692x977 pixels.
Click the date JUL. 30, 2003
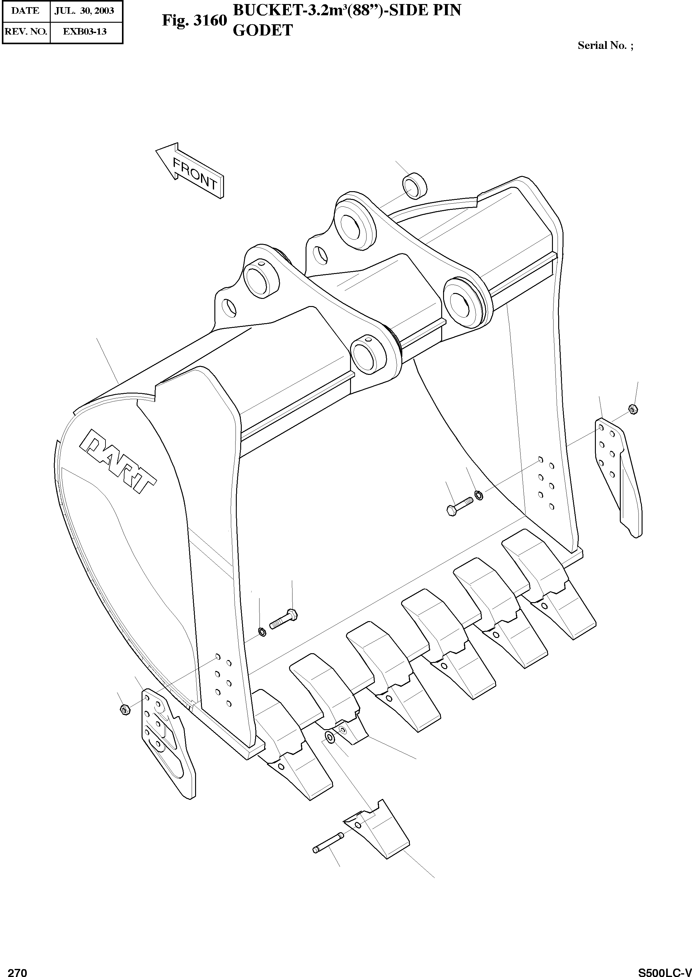84,10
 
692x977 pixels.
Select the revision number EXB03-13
84,31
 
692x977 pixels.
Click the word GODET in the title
263,30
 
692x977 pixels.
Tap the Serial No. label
605,45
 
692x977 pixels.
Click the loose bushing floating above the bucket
414,186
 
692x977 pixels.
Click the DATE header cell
26,10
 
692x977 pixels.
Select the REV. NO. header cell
26,31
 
